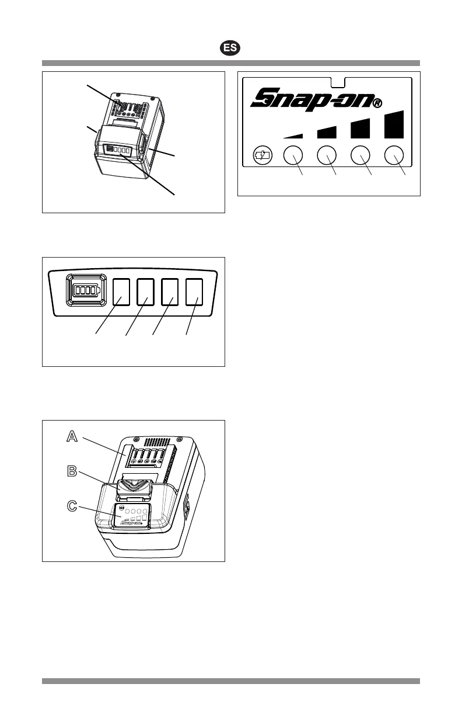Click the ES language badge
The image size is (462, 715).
click(231, 48)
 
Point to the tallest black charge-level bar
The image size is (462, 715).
click(395, 123)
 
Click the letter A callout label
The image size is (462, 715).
click(71, 436)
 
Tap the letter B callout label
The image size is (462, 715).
click(71, 471)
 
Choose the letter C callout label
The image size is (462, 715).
click(71, 506)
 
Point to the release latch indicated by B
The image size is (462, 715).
click(134, 487)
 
